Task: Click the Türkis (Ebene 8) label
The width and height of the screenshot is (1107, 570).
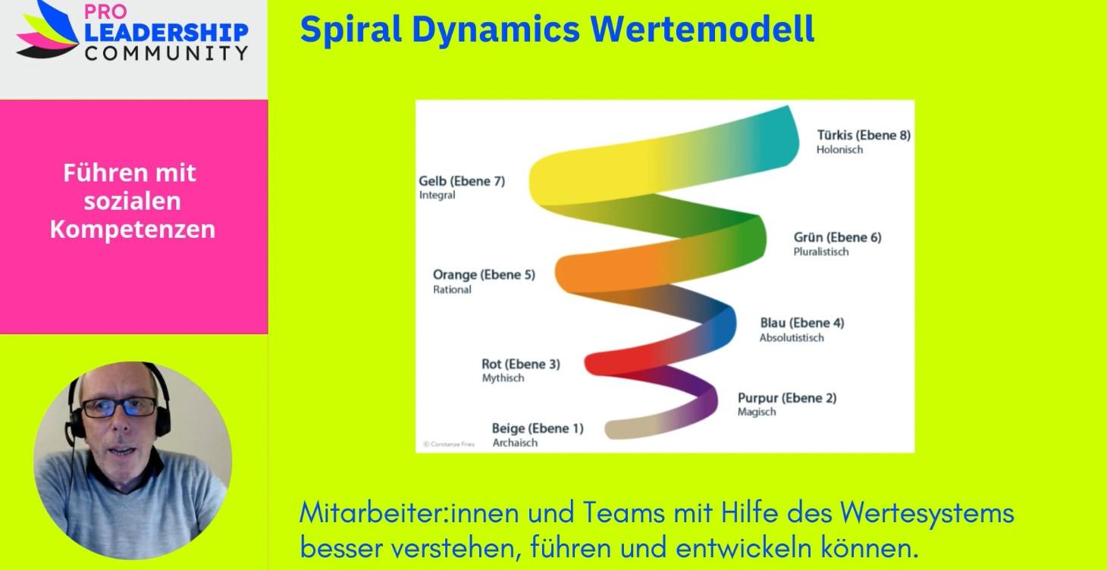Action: point(863,136)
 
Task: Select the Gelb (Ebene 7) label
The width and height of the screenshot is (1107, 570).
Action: point(462,181)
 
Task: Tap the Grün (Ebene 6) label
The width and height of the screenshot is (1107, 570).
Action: point(837,237)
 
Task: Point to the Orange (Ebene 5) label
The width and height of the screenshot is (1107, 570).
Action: point(483,274)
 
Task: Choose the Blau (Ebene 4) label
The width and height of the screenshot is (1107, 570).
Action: point(801,323)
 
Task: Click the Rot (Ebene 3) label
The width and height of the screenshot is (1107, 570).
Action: point(520,364)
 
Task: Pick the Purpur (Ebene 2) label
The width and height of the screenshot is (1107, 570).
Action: point(786,398)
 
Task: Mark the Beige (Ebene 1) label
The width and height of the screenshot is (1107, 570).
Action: point(537,428)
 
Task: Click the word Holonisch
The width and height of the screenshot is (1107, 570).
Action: point(839,150)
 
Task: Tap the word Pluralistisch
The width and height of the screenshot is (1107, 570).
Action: point(820,252)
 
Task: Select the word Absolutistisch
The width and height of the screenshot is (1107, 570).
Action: point(791,337)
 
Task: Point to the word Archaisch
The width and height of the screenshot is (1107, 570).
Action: point(515,443)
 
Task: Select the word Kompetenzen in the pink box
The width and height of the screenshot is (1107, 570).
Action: point(133,229)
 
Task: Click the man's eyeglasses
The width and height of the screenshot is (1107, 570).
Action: point(119,407)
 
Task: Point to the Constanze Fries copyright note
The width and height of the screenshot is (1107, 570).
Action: point(449,444)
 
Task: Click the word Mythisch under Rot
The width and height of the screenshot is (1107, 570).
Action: point(503,378)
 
